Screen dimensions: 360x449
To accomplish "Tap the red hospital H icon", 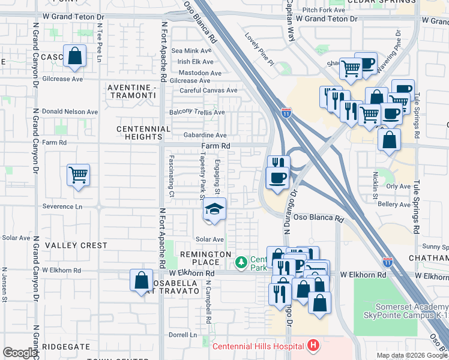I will point(312,346).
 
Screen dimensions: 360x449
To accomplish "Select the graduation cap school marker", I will point(213,209).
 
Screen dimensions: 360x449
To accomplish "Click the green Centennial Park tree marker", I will point(241,262).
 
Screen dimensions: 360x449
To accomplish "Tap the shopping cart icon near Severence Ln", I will point(78,176).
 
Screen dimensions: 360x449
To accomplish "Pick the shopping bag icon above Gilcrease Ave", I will point(75,57).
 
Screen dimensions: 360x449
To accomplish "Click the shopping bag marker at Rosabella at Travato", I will point(141,281).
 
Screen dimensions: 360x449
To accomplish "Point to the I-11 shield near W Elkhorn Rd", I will point(387,262).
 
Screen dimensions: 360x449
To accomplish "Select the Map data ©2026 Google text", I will point(412,355).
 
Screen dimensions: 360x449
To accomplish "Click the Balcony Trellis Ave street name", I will point(197,112).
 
